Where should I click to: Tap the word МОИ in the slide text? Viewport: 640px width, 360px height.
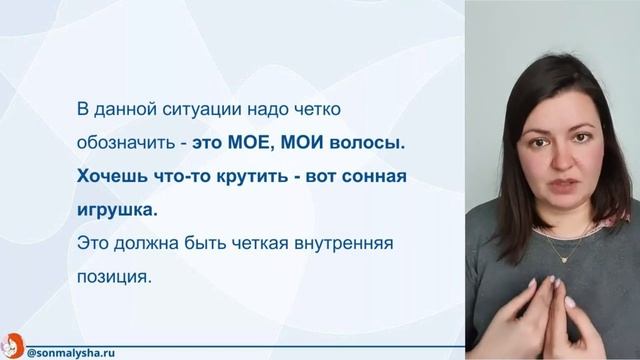[x=303, y=143]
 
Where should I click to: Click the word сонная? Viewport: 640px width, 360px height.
[x=369, y=177]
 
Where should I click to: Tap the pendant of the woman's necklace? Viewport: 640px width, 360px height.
[x=560, y=257]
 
